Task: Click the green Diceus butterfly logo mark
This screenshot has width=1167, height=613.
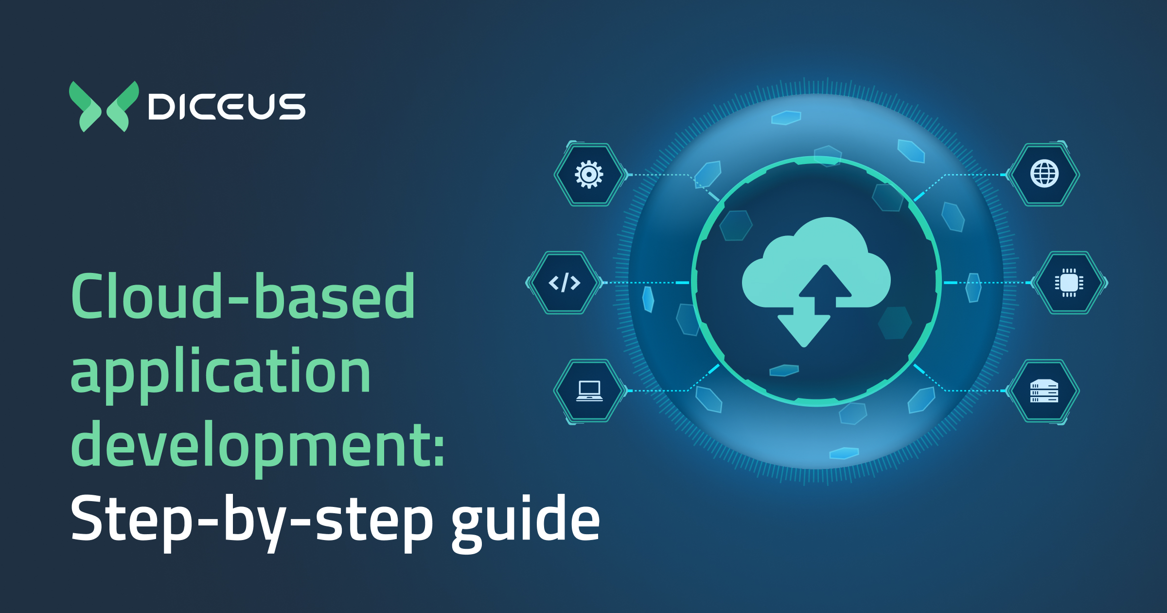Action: click(x=104, y=107)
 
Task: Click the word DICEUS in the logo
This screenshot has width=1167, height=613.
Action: click(x=227, y=107)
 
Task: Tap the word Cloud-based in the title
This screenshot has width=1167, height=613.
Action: click(x=243, y=297)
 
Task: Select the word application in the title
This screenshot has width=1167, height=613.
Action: click(x=221, y=372)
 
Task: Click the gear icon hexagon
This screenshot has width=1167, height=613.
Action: click(x=589, y=174)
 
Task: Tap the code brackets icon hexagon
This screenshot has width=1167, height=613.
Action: click(x=564, y=283)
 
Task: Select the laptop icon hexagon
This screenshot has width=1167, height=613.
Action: click(x=589, y=391)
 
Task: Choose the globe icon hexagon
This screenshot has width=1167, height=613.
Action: click(x=1044, y=174)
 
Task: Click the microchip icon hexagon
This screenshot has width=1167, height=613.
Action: click(x=1069, y=283)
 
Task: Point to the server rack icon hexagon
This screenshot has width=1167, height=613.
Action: click(x=1044, y=391)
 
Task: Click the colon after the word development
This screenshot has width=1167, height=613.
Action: click(x=439, y=450)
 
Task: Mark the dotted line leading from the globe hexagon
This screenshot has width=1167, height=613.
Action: click(x=972, y=175)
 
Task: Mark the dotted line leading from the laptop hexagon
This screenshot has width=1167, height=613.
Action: click(x=656, y=391)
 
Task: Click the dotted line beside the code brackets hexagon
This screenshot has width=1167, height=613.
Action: click(x=642, y=283)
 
